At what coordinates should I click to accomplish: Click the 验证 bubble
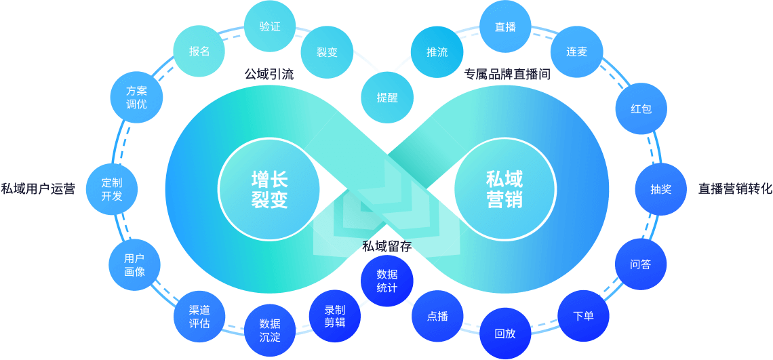[270, 26]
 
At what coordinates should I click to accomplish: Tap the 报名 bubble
[199, 52]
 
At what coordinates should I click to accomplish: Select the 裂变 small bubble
[327, 52]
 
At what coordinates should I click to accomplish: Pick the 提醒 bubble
[387, 97]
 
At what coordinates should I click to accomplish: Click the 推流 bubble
[437, 52]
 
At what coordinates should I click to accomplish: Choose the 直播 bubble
[505, 27]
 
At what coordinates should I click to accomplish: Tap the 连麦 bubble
[576, 52]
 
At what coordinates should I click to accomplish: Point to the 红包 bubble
[641, 108]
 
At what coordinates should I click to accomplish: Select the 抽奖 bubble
[660, 189]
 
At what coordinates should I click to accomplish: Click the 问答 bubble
[640, 264]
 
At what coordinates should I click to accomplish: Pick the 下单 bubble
[583, 315]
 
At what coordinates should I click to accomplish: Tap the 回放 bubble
[505, 333]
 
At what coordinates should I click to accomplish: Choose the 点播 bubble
[437, 316]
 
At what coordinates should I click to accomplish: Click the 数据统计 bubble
[387, 281]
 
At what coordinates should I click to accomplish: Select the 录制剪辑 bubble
[335, 316]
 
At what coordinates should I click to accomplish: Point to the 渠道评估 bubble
[199, 316]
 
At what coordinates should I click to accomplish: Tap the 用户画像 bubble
[134, 264]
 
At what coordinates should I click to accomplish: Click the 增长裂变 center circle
[270, 189]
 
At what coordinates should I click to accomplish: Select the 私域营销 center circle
[504, 189]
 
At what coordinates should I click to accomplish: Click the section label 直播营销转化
[735, 189]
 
